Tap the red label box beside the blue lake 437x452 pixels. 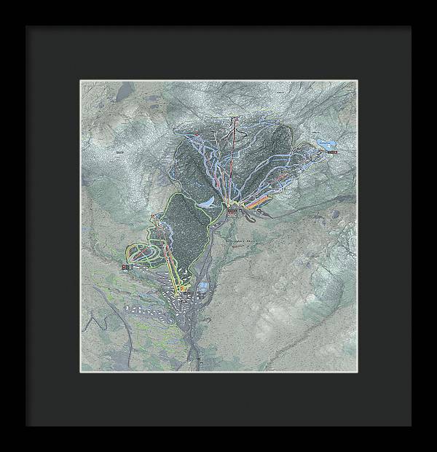[x=334, y=152]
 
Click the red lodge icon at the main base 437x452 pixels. [x=232, y=211]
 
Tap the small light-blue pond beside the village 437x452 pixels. [x=203, y=286]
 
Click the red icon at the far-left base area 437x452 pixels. [x=125, y=268]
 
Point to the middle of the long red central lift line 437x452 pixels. [x=233, y=164]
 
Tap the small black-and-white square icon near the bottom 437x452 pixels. [x=197, y=359]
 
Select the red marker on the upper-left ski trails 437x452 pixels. [x=197, y=136]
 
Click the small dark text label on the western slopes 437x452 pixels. [x=119, y=151]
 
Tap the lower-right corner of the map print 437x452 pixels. [x=356, y=371]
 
